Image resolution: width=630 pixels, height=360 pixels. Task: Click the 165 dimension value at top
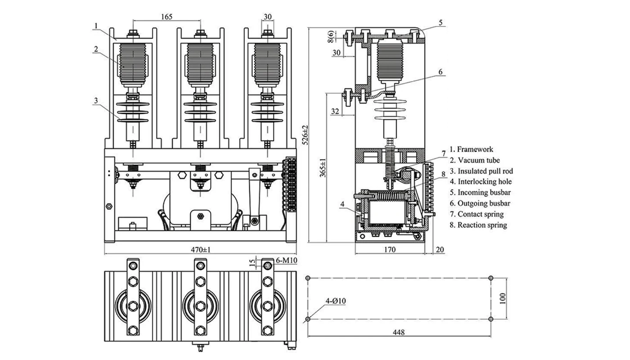[x=166, y=17]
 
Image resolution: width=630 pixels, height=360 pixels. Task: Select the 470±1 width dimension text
[x=200, y=250]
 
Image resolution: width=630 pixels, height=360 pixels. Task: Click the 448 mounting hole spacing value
[x=398, y=333]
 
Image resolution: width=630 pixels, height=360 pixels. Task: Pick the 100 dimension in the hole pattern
[x=503, y=298]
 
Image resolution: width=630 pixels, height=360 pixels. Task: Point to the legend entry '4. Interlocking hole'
[x=481, y=182]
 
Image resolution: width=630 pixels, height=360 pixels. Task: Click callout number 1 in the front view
[x=96, y=26]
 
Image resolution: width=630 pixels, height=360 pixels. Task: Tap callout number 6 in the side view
[x=441, y=72]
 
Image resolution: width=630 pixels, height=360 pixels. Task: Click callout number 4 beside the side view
[x=342, y=204]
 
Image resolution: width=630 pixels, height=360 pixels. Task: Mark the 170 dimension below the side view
[x=390, y=250]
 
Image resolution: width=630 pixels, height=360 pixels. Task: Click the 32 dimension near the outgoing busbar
[x=335, y=112]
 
